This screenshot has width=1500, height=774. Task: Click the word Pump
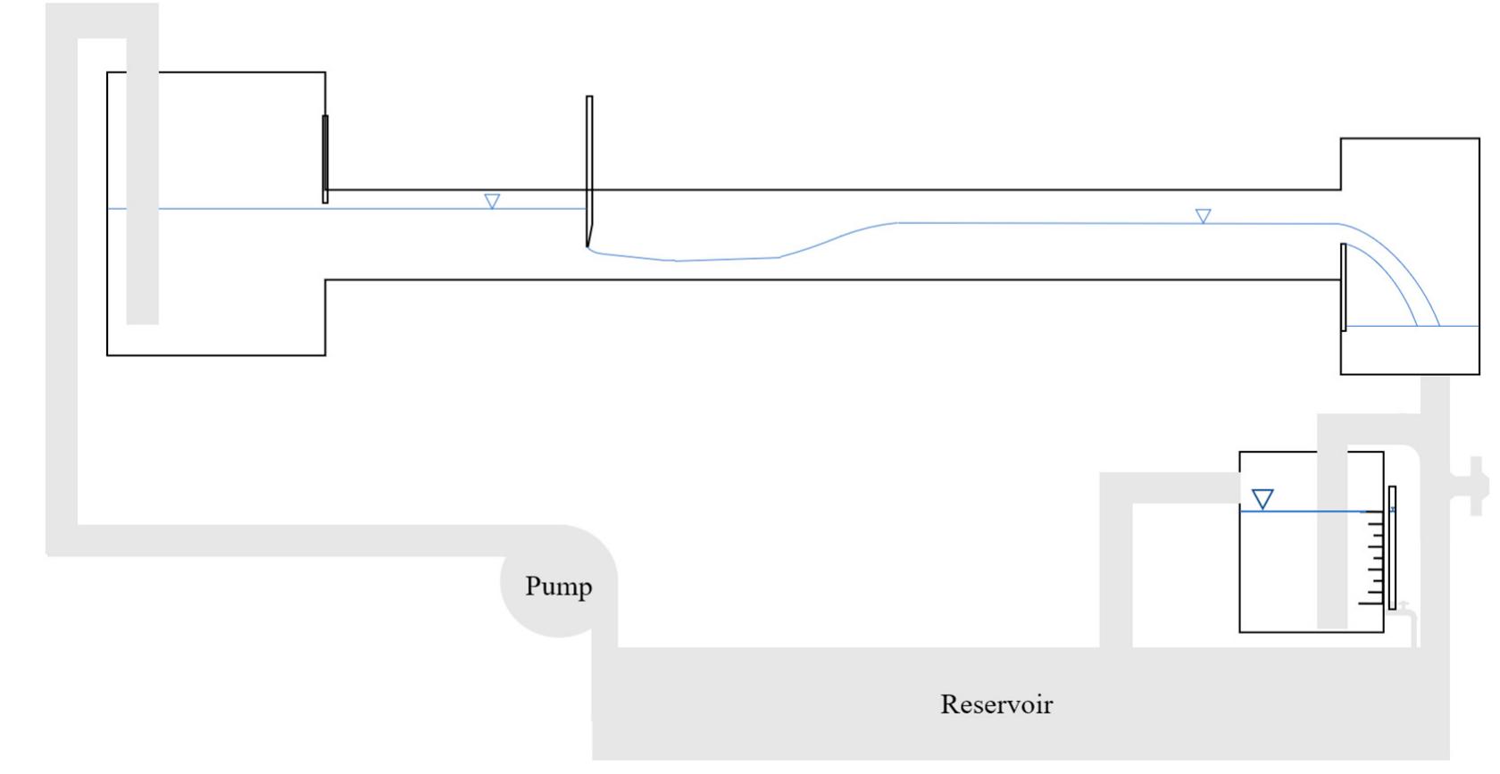tap(558, 587)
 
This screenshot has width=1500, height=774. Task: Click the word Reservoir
tap(996, 704)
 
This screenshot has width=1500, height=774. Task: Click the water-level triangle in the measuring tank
tap(1262, 498)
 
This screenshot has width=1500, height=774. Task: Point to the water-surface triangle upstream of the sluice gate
tap(492, 201)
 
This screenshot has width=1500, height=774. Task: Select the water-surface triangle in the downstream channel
tap(1203, 216)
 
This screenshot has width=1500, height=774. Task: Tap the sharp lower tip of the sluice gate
tap(587, 245)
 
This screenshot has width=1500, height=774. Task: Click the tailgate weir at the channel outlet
tap(1343, 286)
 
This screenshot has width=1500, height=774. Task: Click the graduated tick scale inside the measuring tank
tap(1375, 558)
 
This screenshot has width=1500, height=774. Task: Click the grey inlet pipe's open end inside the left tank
tap(142, 317)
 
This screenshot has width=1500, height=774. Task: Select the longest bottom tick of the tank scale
tap(1371, 604)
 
